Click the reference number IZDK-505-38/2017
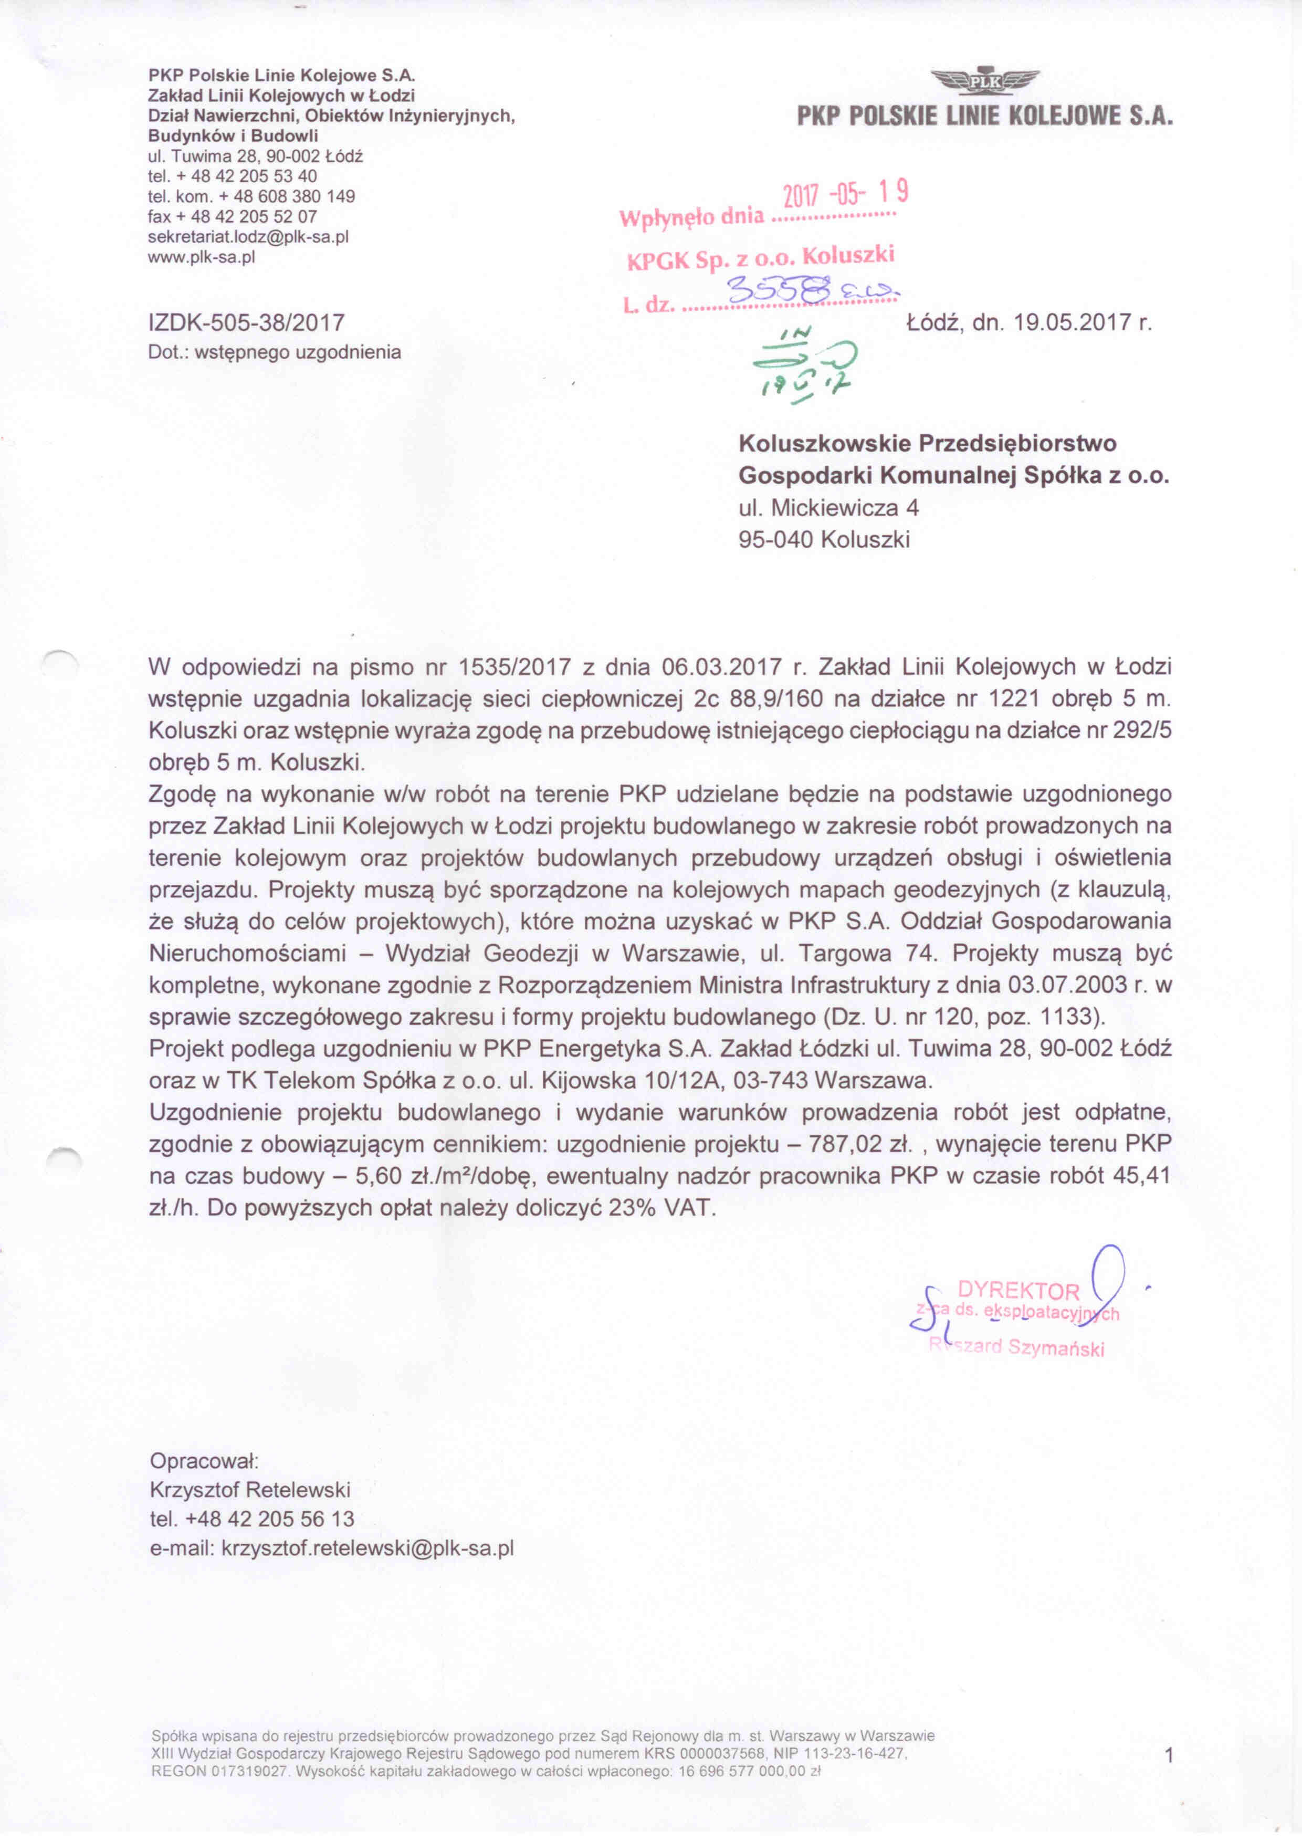tap(246, 323)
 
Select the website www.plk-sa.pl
tap(201, 257)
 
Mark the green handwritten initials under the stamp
tap(805, 362)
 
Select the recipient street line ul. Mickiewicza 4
tap(828, 508)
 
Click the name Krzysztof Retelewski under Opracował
tap(250, 1490)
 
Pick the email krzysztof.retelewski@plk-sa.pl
tap(367, 1547)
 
